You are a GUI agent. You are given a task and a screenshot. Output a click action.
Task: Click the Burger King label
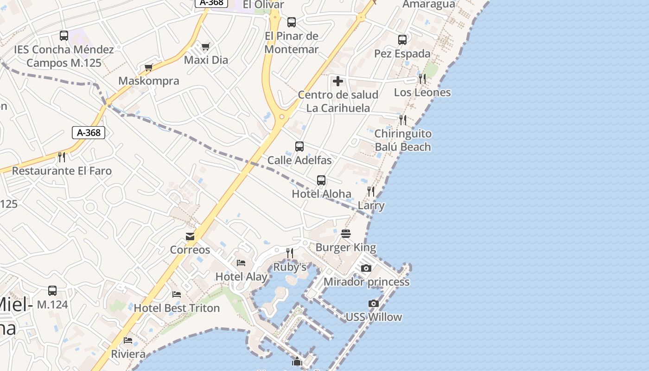click(346, 247)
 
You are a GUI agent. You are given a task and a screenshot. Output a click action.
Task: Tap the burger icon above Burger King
click(346, 234)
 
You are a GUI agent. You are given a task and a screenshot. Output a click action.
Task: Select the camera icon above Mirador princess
click(366, 268)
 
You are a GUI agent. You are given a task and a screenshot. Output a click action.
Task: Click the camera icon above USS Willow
click(374, 304)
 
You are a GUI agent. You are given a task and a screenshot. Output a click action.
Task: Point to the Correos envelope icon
click(190, 237)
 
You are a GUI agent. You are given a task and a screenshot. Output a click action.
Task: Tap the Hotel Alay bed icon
click(241, 263)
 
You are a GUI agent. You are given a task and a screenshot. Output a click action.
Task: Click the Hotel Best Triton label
click(177, 308)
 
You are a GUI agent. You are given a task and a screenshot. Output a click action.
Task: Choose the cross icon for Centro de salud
click(338, 81)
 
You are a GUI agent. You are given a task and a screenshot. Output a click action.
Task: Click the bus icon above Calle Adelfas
click(299, 147)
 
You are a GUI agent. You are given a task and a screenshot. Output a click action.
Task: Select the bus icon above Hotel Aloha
click(321, 180)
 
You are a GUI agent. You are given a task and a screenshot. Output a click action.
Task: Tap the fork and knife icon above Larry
click(371, 191)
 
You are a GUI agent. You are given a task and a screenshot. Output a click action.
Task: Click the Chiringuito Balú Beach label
click(403, 140)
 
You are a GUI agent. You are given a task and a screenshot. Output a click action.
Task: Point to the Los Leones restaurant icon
click(422, 79)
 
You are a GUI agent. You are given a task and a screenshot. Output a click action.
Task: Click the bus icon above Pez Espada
click(402, 40)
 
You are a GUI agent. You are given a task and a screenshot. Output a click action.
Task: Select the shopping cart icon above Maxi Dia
click(206, 46)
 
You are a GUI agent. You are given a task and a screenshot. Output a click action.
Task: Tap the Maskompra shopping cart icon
click(149, 68)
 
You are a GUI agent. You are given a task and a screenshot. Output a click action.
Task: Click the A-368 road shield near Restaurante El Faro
click(89, 133)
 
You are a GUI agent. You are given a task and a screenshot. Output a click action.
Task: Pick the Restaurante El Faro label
click(62, 171)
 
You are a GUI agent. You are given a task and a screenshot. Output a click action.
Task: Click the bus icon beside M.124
click(52, 291)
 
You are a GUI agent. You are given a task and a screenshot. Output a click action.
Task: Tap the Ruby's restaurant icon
click(290, 253)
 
